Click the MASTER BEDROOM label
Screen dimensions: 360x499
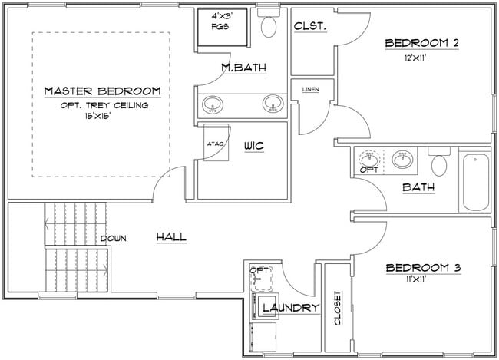tap(102, 91)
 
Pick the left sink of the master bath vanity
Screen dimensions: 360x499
tap(211, 104)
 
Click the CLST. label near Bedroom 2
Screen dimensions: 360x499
tap(310, 26)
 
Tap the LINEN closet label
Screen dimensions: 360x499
tap(311, 88)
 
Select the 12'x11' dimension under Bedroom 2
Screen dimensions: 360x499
tap(421, 56)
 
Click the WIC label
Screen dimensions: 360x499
tap(254, 146)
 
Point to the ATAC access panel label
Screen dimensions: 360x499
tap(214, 143)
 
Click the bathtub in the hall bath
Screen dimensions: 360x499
tap(475, 182)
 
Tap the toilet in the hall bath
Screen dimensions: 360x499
tap(439, 163)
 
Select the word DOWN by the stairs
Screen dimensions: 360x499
tap(113, 239)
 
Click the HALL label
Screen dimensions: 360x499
tap(171, 237)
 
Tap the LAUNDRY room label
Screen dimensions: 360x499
tap(290, 309)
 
